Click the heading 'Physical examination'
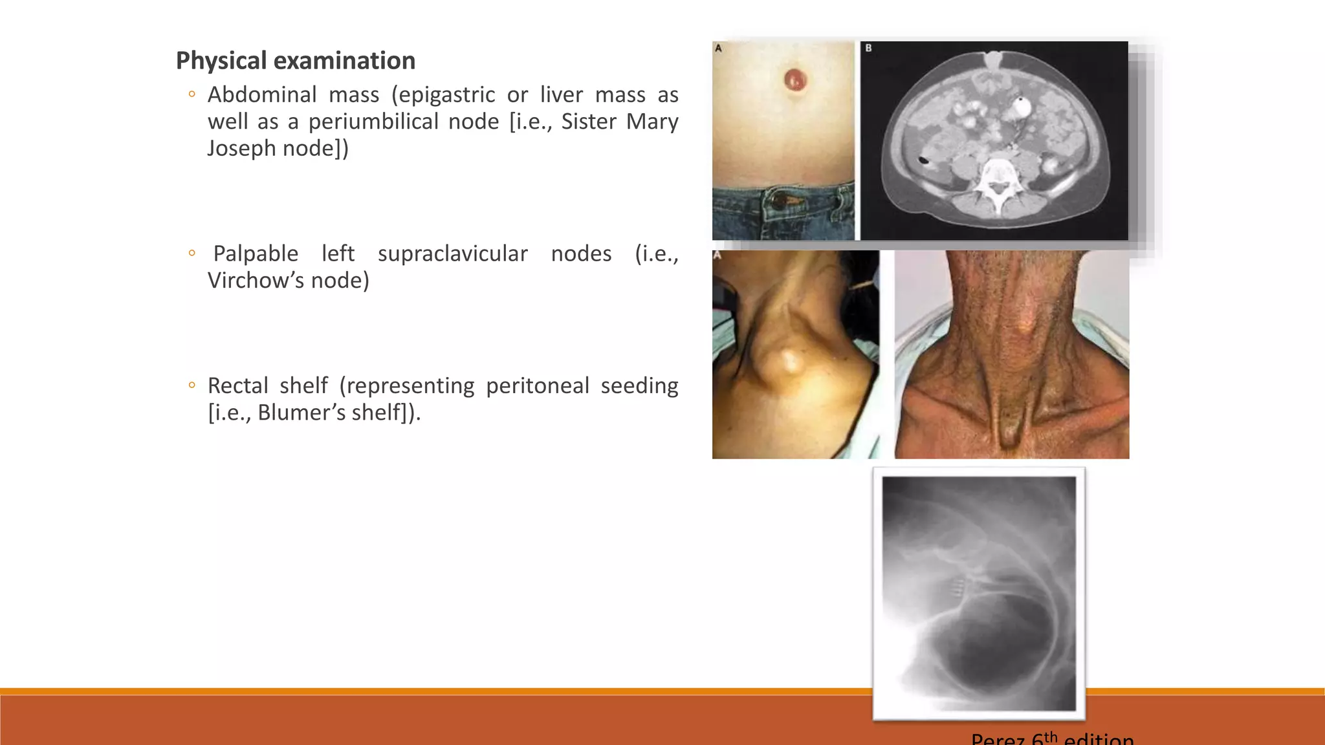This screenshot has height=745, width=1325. click(295, 61)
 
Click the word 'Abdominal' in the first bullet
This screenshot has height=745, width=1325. click(262, 95)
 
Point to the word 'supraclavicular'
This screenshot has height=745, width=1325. click(452, 254)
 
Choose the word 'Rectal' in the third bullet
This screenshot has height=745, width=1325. click(237, 386)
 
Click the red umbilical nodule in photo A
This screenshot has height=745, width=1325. click(795, 80)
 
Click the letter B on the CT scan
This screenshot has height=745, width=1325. click(868, 49)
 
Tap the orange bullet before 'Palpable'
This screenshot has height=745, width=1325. click(192, 254)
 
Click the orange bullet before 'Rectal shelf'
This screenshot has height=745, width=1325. click(192, 386)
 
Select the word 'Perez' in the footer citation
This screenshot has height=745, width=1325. click(999, 739)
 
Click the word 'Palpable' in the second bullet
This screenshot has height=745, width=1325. click(256, 254)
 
